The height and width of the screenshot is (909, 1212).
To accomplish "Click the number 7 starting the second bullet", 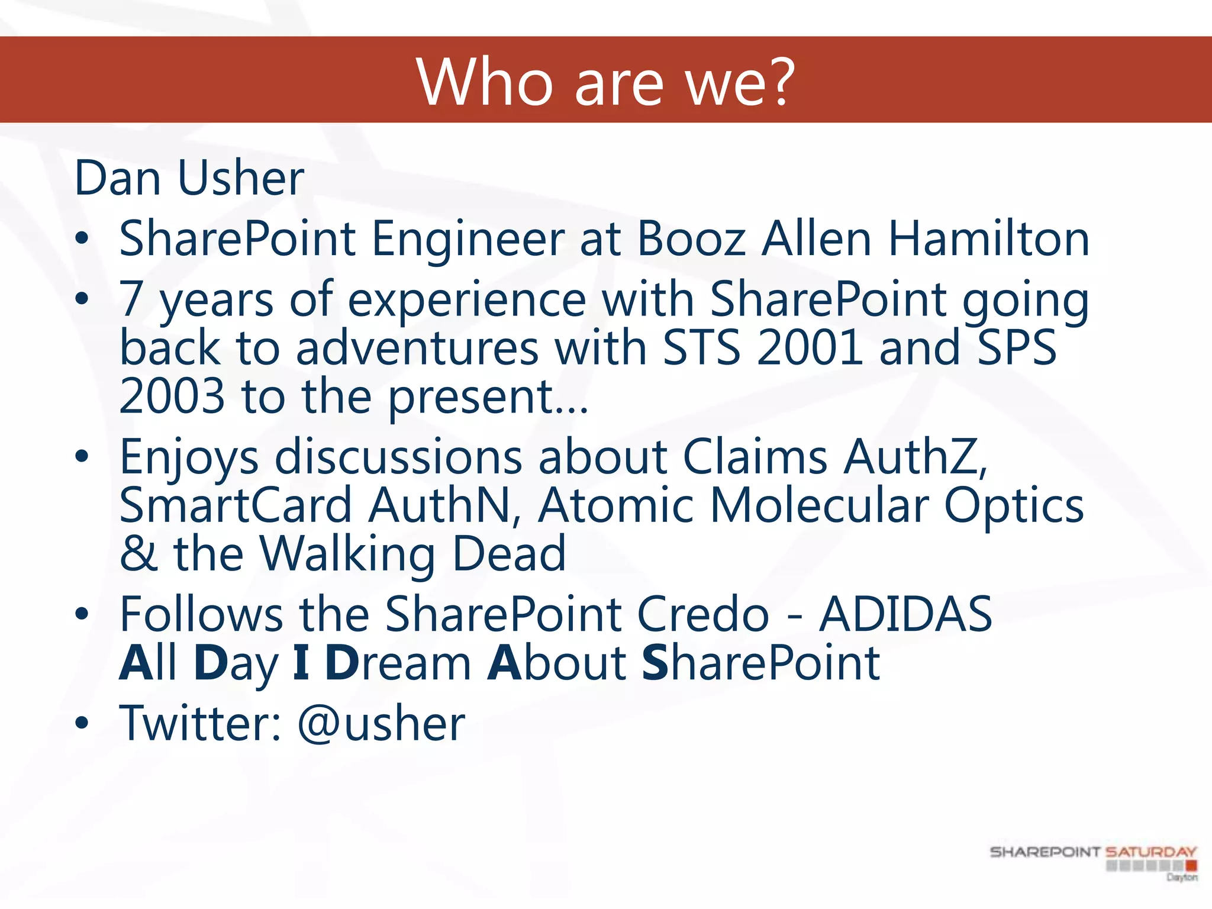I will pyautogui.click(x=131, y=299).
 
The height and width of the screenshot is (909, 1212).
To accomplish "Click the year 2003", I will pyautogui.click(x=172, y=396).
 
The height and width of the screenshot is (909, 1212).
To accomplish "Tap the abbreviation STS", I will pyautogui.click(x=701, y=347).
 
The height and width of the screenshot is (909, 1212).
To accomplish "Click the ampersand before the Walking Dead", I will pyautogui.click(x=138, y=553).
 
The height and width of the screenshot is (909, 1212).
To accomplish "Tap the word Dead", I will pyautogui.click(x=509, y=553).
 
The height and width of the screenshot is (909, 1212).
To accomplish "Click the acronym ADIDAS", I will pyautogui.click(x=905, y=614).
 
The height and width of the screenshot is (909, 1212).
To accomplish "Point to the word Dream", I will pyautogui.click(x=398, y=663).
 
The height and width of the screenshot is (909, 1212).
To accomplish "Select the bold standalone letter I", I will pyautogui.click(x=301, y=663).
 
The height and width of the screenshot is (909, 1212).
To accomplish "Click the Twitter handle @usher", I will pyautogui.click(x=381, y=723).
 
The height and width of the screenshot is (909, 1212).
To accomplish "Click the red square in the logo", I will pyautogui.click(x=1191, y=866).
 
